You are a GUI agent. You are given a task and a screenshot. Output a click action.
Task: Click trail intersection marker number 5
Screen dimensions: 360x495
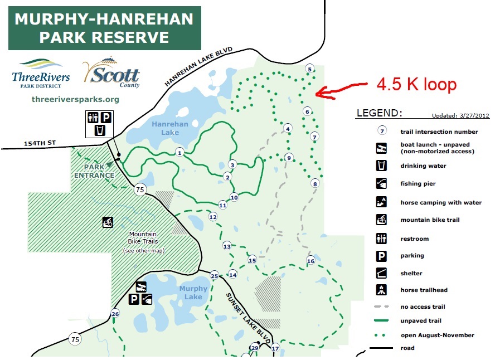(310, 69)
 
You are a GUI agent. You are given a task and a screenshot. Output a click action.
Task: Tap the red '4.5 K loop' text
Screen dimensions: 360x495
(416, 85)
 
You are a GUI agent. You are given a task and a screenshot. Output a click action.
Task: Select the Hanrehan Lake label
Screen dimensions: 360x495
(170, 128)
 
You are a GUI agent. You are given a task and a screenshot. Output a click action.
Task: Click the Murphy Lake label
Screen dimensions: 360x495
(193, 293)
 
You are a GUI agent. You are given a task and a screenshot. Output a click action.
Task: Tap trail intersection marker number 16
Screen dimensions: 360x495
(310, 261)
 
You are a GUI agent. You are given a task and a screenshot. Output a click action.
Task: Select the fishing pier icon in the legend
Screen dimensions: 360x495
(381, 183)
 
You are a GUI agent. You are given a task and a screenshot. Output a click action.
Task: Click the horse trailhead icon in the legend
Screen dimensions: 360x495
(381, 290)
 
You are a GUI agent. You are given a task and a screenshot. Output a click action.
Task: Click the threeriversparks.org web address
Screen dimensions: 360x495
(75, 100)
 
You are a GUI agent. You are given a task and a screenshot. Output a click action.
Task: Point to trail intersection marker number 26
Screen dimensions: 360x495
(115, 314)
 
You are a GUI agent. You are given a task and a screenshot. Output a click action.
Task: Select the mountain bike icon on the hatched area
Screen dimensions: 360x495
(108, 222)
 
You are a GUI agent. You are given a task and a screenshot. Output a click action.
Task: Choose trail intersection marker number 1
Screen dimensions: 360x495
(179, 152)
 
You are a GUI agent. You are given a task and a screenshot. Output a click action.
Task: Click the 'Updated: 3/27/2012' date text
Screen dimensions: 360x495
(460, 116)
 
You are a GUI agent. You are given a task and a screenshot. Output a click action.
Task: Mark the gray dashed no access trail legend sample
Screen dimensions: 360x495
(381, 307)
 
